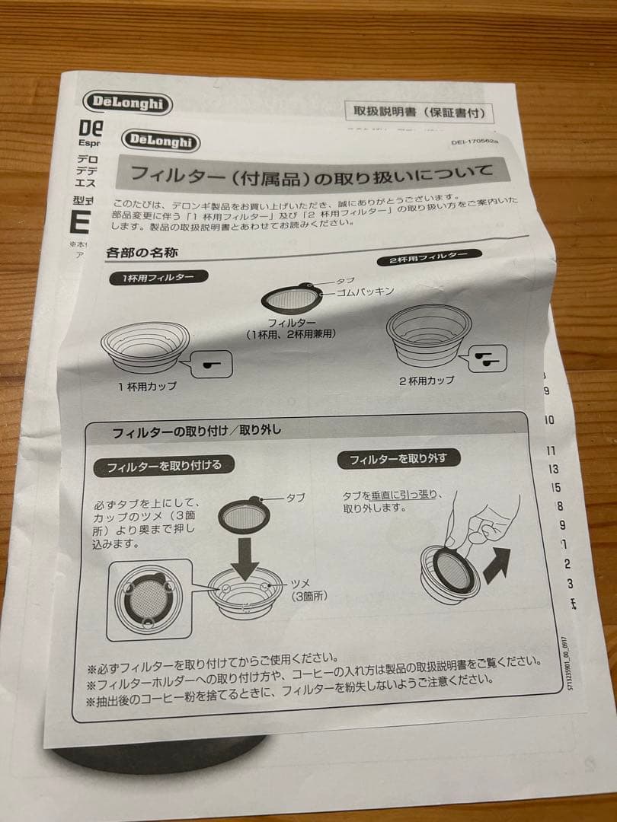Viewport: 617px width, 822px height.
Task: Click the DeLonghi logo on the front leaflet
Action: pos(160,141)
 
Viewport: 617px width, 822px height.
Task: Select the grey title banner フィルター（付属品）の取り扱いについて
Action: pos(312,177)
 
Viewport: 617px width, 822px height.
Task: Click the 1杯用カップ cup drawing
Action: pos(145,346)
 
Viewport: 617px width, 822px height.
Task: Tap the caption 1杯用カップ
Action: pos(147,387)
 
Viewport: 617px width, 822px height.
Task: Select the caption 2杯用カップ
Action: pos(427,380)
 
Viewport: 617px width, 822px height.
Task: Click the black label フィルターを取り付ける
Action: pos(164,465)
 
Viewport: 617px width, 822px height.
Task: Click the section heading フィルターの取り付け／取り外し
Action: pos(197,432)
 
